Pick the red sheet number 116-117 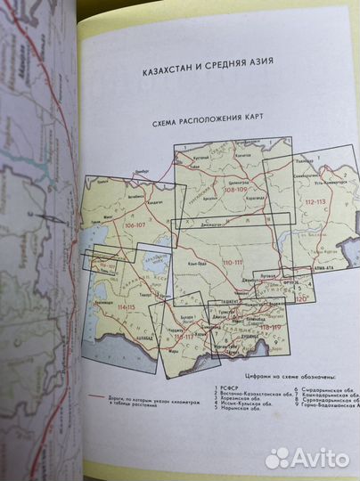pyautogui.click(x=185, y=339)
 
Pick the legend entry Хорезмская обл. pyautogui.click(x=245, y=400)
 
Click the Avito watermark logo pyautogui.click(x=307, y=457)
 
